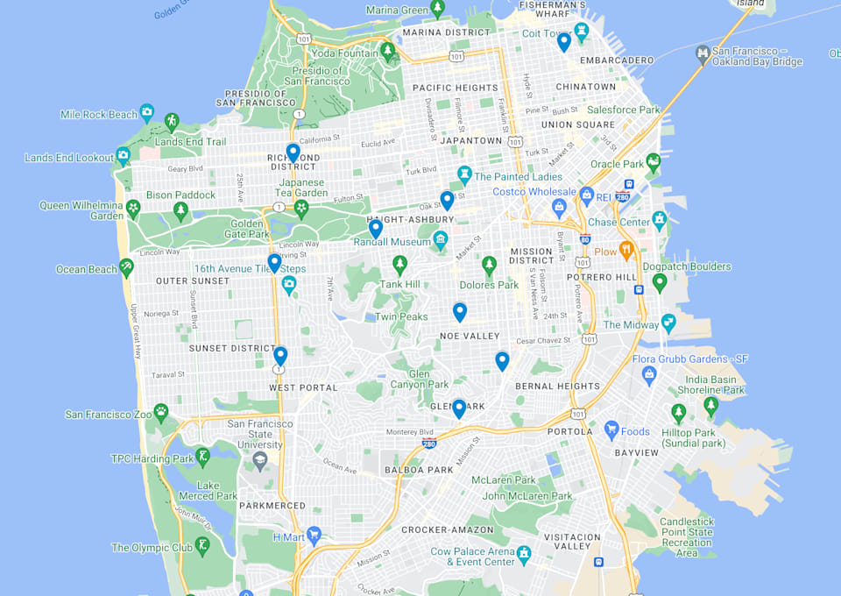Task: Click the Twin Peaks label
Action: [401, 316]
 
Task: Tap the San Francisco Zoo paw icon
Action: [160, 410]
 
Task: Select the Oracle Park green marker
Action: [653, 162]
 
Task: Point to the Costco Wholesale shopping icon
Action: [560, 208]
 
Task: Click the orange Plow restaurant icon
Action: [626, 251]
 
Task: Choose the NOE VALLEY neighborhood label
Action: [470, 336]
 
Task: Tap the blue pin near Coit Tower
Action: [564, 41]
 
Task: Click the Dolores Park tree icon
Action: [489, 264]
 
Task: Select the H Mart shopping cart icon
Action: [314, 535]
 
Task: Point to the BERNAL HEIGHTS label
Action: [563, 386]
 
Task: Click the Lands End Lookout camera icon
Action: [123, 155]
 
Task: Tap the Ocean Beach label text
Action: [87, 269]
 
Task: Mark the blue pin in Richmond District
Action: [293, 152]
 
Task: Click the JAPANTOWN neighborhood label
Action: [470, 140]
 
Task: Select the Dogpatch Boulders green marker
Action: [660, 282]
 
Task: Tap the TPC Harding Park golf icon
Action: [203, 457]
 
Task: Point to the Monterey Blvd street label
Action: [411, 432]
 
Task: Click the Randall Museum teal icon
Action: [440, 239]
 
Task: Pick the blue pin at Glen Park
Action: [459, 408]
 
